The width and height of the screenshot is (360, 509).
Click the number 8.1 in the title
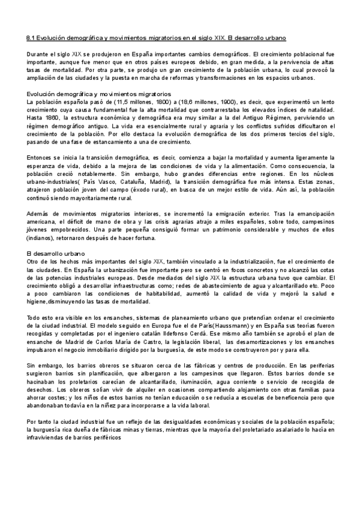[31, 37]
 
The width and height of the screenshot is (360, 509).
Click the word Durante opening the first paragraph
[38, 55]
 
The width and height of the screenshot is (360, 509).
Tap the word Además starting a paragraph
[40, 214]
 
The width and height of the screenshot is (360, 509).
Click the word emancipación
[318, 214]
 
